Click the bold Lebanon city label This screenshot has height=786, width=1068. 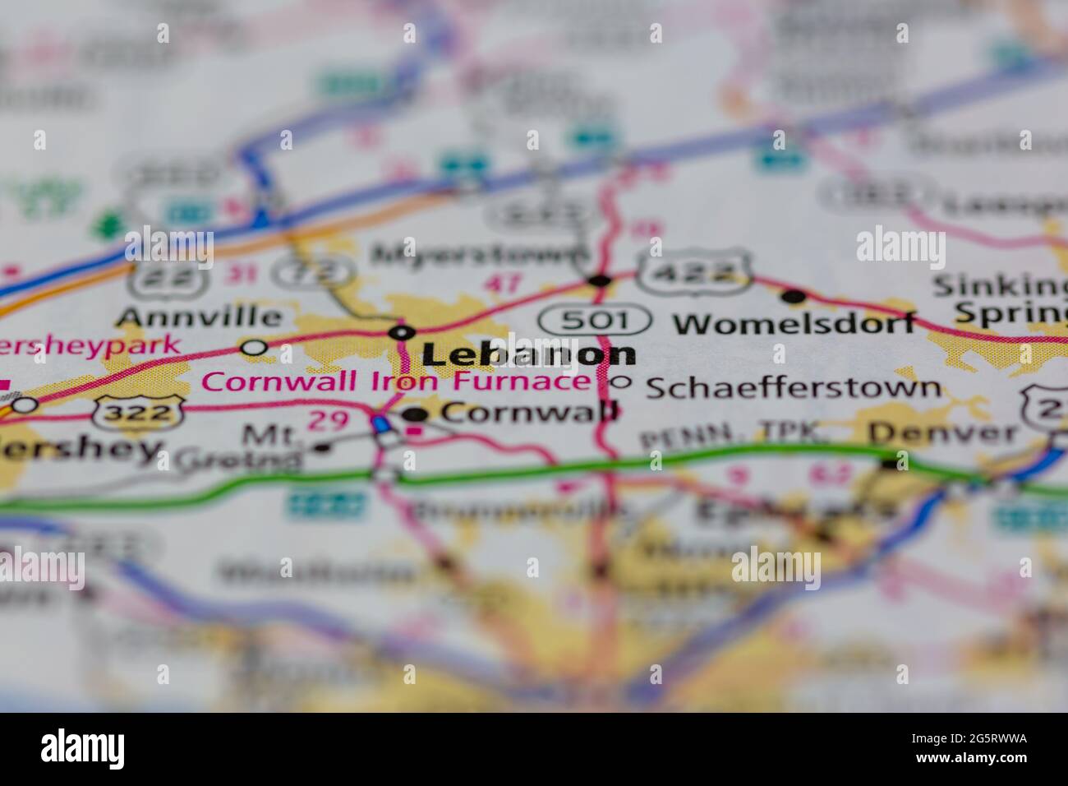coord(528,354)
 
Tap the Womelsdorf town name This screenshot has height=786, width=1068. coord(794,323)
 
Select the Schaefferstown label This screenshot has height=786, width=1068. coord(793,387)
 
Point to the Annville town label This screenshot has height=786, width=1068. coord(199,317)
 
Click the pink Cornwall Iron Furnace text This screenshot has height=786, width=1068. coord(396,381)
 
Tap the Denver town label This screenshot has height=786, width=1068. coord(941,432)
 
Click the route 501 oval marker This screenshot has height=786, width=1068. coord(596,319)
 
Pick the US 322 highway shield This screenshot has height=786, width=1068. coord(138,410)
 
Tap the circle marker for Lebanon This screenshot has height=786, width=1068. coord(401,332)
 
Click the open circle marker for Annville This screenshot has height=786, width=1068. coord(255,347)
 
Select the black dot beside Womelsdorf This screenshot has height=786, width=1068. coord(794,296)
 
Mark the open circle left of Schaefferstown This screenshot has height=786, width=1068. coord(620,381)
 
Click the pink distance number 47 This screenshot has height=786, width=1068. coord(503,284)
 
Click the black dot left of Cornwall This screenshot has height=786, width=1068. coord(416,414)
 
